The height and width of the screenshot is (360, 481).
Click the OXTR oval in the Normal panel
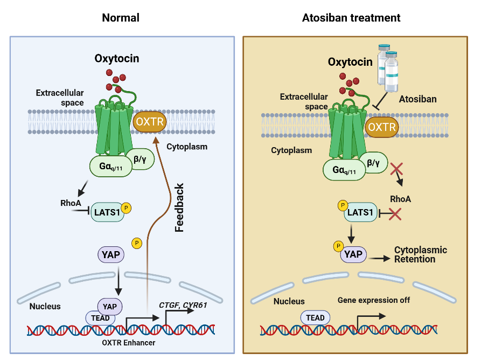[x=150, y=121]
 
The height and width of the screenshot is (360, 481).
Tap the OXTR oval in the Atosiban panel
[x=382, y=128]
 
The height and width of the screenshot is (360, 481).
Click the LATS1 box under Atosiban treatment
[x=360, y=212]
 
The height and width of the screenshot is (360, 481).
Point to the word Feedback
[x=179, y=207]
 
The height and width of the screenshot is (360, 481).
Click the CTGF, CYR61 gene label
[x=183, y=305]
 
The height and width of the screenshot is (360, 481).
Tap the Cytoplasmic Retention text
[x=421, y=254]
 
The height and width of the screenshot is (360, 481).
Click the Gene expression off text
[x=374, y=300]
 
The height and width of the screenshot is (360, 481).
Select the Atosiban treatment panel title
[x=352, y=18]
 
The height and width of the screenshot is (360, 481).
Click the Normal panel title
[x=121, y=18]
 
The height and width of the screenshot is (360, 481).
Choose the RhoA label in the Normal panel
[x=71, y=204]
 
